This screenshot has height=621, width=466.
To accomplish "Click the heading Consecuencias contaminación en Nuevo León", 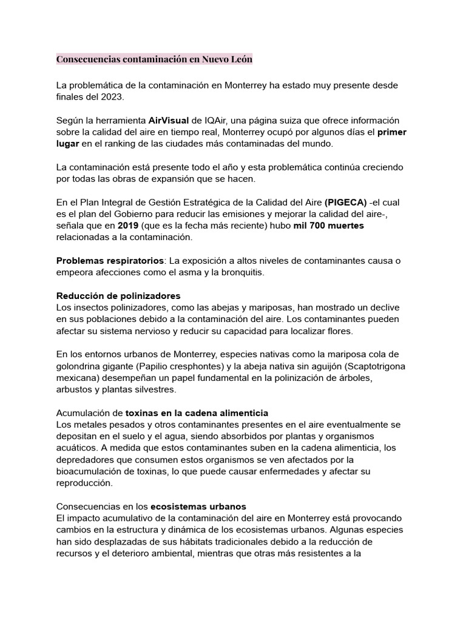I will point(154,59).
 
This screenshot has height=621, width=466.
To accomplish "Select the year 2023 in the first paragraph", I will point(113,97).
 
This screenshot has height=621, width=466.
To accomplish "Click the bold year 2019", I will point(128,225).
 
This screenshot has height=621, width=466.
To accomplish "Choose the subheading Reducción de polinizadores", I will point(118,295).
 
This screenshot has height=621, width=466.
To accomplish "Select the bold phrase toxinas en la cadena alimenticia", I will point(197,413).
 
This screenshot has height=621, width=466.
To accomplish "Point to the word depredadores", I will point(84,460).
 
